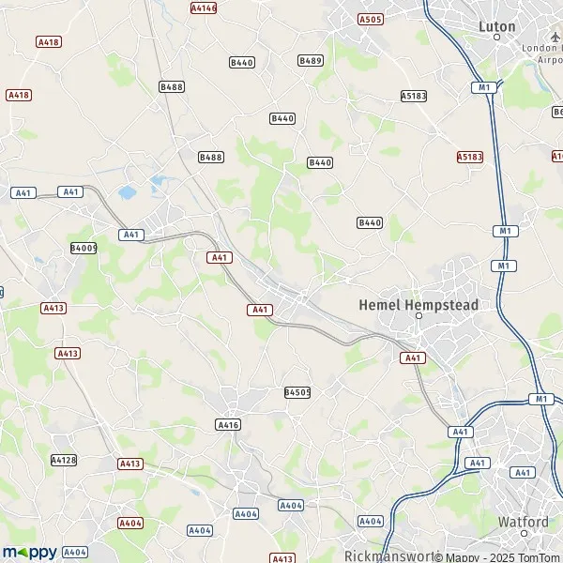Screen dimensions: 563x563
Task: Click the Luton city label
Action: (x=497, y=26)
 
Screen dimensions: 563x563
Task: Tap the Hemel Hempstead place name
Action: (x=418, y=305)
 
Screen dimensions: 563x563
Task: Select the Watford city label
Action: (x=524, y=522)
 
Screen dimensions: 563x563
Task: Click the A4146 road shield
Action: (x=203, y=8)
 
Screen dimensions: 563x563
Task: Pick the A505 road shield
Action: (x=371, y=19)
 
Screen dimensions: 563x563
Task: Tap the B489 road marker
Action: (x=311, y=60)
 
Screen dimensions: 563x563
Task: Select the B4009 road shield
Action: (x=84, y=249)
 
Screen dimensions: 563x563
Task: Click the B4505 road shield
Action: (x=297, y=392)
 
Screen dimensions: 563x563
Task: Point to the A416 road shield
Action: (x=228, y=425)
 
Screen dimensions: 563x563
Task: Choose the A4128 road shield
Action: (x=63, y=460)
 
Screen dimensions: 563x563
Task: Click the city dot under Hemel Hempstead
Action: (x=419, y=316)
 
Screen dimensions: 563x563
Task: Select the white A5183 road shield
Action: (x=414, y=96)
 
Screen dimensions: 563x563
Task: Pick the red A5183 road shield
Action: (x=469, y=157)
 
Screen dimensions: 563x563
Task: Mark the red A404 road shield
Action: (x=130, y=523)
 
